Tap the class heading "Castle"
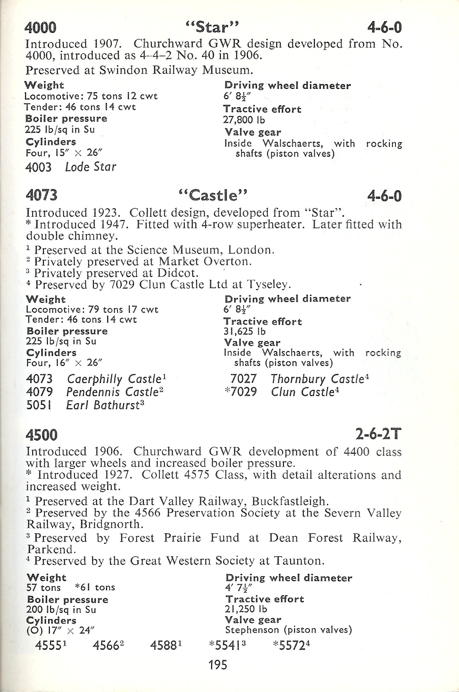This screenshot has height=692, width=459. coord(213,196)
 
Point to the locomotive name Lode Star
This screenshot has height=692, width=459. coord(91,167)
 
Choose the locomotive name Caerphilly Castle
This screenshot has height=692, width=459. coord(114,379)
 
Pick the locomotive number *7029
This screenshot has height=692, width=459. coord(240,392)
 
